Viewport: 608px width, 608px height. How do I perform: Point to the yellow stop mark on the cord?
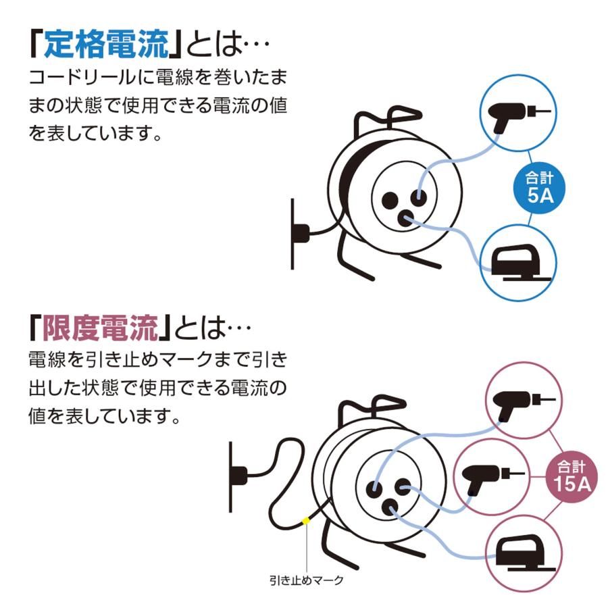pyautogui.click(x=305, y=520)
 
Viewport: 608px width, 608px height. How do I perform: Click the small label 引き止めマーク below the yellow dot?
pyautogui.click(x=305, y=580)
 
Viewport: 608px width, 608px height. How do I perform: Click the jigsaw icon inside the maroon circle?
pyautogui.click(x=521, y=551)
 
